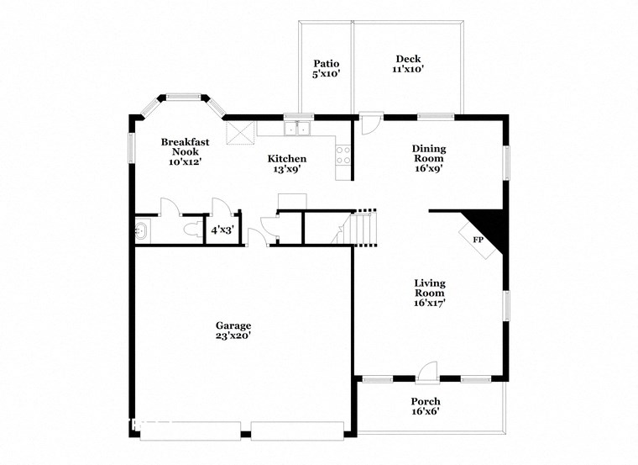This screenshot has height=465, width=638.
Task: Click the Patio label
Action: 326,69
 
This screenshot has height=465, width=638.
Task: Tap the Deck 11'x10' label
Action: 408,64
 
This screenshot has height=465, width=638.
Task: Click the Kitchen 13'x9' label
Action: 287,164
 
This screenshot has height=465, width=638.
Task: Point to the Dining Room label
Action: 428,158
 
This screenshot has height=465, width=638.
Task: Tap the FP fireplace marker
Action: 478,240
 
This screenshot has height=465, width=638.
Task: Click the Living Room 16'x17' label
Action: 429,293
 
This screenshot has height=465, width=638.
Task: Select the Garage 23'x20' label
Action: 233,330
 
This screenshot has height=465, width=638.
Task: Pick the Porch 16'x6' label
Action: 425,406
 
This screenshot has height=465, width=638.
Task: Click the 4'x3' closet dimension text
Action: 222,230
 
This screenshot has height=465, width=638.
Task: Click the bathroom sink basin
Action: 141,230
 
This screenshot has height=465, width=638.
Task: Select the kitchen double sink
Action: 296,129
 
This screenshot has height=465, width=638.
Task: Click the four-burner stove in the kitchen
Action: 343,155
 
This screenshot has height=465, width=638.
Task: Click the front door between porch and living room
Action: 428,371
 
